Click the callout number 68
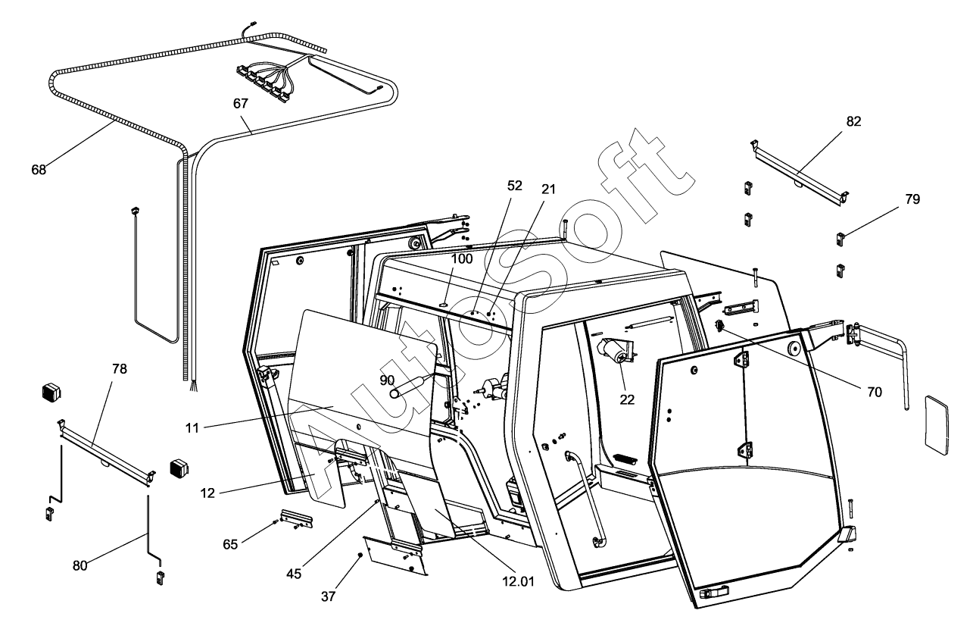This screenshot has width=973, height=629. (x=39, y=170)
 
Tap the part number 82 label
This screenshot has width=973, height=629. (x=854, y=121)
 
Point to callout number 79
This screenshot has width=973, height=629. (x=912, y=199)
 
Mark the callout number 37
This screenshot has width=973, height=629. (x=328, y=596)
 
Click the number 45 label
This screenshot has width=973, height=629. (x=294, y=574)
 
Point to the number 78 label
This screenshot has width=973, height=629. (x=119, y=369)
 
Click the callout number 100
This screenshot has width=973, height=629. (x=462, y=258)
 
